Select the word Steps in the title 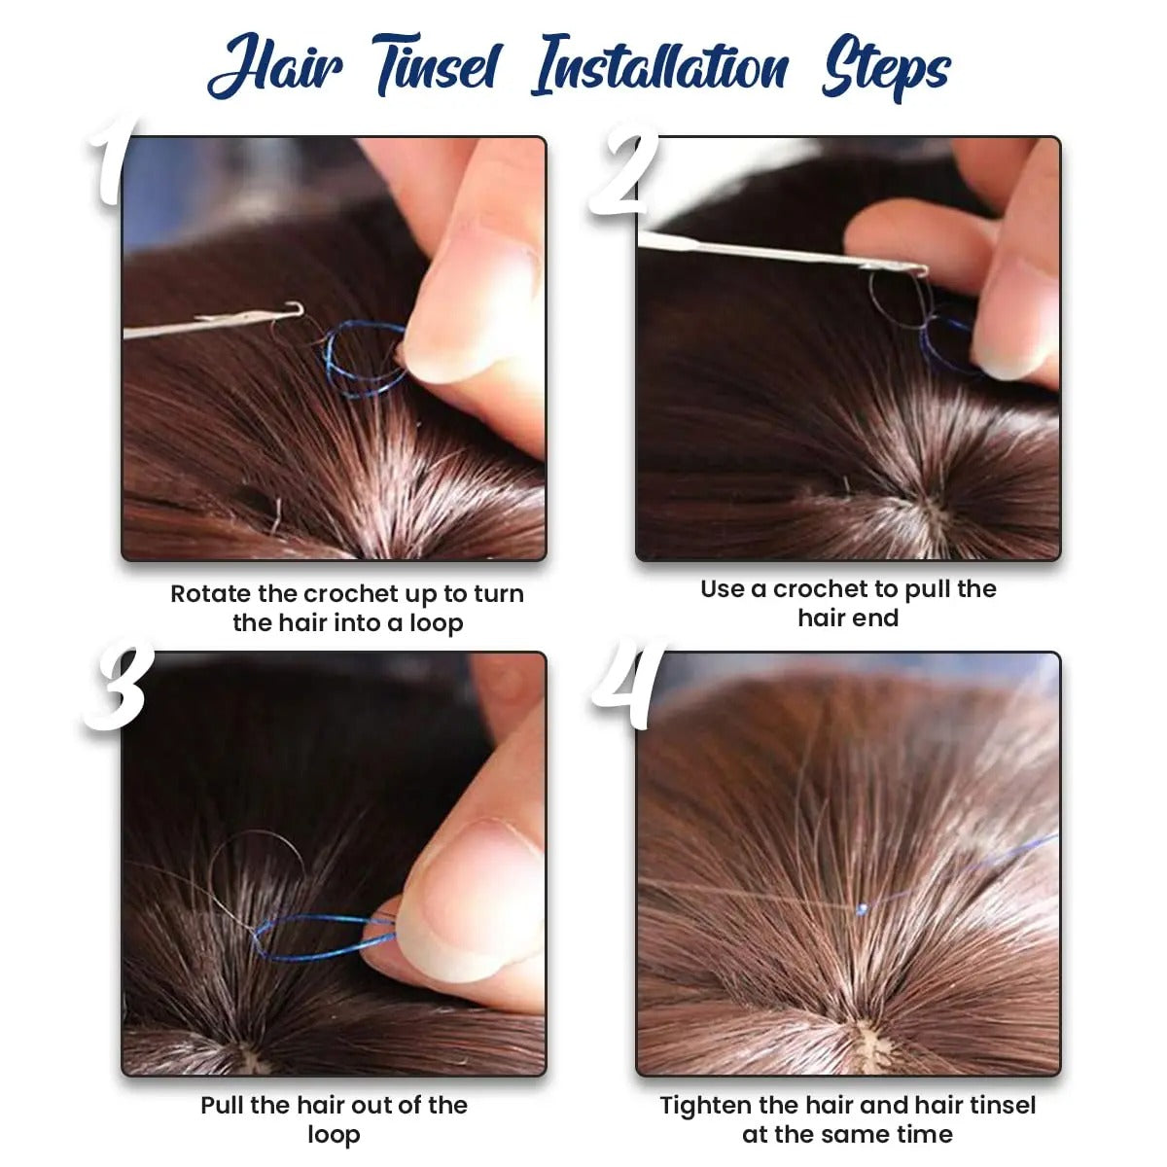(x=885, y=68)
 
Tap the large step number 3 (x=117, y=689)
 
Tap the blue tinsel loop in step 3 (x=321, y=936)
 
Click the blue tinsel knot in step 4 (x=862, y=908)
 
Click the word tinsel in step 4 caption (x=999, y=1105)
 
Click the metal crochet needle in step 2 (x=778, y=251)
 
